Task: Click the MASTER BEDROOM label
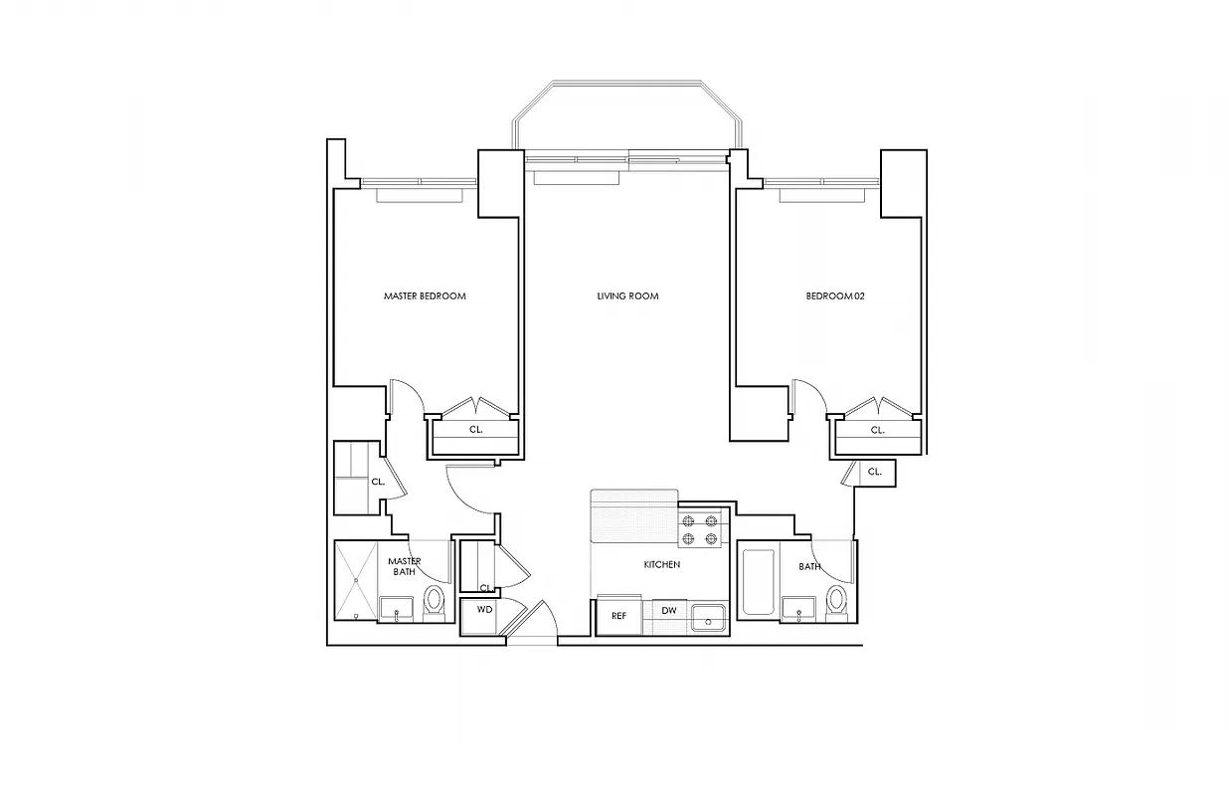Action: tap(425, 297)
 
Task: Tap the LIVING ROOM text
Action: tap(627, 297)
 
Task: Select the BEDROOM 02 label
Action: tap(835, 297)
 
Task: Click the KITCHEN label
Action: tap(661, 565)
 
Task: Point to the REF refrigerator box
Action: tap(618, 615)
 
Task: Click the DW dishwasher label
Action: tap(669, 610)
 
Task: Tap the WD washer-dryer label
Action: tap(485, 609)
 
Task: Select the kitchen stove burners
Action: tap(699, 529)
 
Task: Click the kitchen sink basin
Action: tap(708, 616)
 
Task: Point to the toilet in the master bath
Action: tap(434, 601)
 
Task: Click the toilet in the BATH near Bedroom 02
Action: tap(836, 600)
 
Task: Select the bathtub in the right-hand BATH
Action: tap(758, 581)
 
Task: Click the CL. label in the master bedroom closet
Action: tap(475, 431)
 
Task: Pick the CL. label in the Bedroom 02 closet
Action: tap(877, 431)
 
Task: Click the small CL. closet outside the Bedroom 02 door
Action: tap(874, 473)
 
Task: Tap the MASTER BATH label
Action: tap(404, 566)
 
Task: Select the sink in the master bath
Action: tap(397, 608)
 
